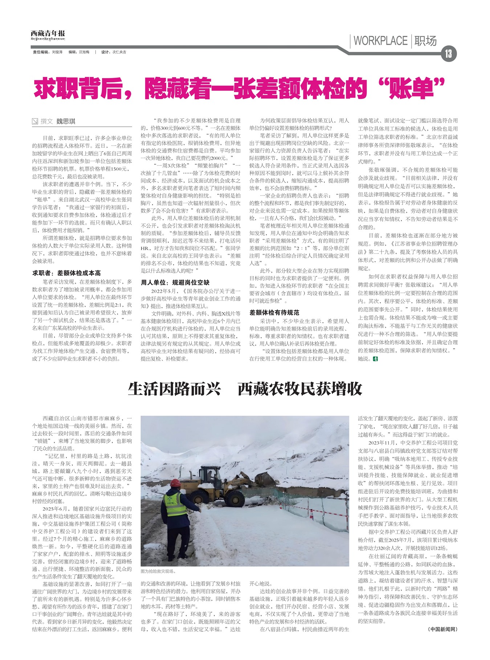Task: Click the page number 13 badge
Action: [449, 54]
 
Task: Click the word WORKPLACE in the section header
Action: [380, 41]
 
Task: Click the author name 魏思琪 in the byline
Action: [66, 121]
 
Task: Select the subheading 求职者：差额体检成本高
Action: [66, 273]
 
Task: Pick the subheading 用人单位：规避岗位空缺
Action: [175, 282]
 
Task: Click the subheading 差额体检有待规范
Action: [274, 312]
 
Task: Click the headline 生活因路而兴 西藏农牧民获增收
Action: [245, 389]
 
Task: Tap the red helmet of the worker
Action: [176, 483]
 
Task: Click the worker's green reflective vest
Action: [175, 504]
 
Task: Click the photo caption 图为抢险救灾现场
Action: [158, 571]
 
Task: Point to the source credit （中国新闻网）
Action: [442, 639]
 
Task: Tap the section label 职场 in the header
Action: [425, 41]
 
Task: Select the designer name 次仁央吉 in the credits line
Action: [119, 52]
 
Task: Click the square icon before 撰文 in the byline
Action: [35, 122]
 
